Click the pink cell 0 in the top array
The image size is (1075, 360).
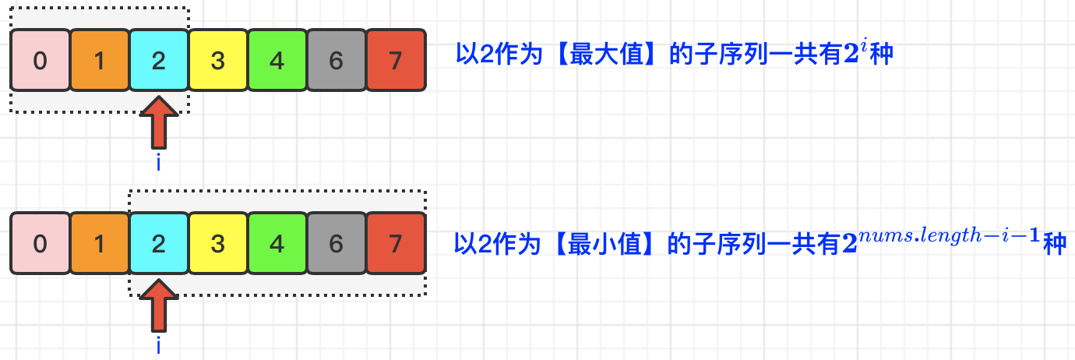[41, 60]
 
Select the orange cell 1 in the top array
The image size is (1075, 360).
[100, 60]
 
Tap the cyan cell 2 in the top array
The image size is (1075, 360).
[159, 60]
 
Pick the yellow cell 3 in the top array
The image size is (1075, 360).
[218, 60]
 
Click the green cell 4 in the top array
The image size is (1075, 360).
[277, 60]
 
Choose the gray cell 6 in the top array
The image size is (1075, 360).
[337, 60]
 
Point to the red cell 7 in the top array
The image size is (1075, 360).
[396, 60]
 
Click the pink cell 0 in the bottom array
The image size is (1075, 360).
[41, 244]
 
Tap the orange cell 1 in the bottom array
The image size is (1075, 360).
[100, 244]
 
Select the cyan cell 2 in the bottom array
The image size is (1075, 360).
[159, 244]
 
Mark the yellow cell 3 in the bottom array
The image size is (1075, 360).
[218, 244]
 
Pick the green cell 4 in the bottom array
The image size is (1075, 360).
[277, 244]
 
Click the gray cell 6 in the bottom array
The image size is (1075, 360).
[337, 244]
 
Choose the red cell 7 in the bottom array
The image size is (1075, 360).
[396, 244]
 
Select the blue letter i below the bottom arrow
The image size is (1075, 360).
[159, 345]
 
